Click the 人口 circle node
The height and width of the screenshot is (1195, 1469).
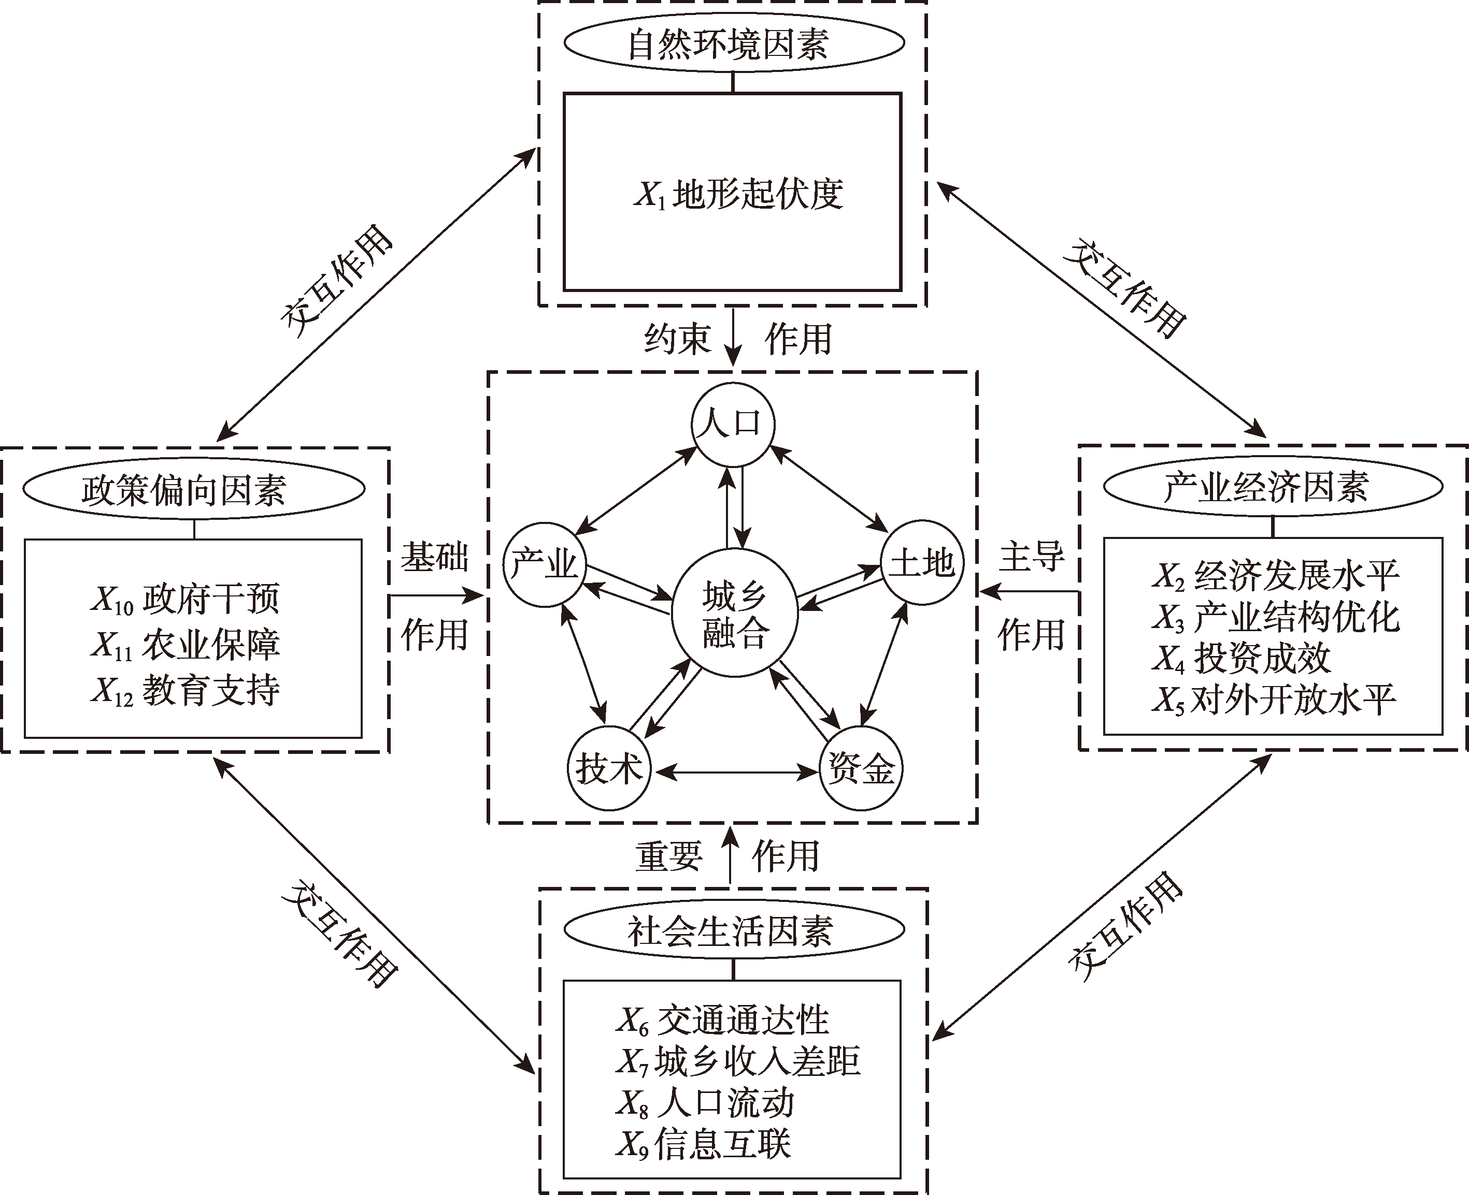point(733,424)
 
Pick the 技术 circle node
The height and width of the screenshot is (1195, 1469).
point(609,768)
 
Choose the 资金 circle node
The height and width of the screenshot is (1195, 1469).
point(861,768)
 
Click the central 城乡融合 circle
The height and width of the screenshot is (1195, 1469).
point(734,615)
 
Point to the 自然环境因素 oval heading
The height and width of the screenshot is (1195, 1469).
point(733,43)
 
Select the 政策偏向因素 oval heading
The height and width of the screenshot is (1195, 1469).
point(193,489)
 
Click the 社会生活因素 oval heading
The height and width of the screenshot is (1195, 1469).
point(733,930)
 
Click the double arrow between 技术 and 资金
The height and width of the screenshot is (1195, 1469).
point(734,773)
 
